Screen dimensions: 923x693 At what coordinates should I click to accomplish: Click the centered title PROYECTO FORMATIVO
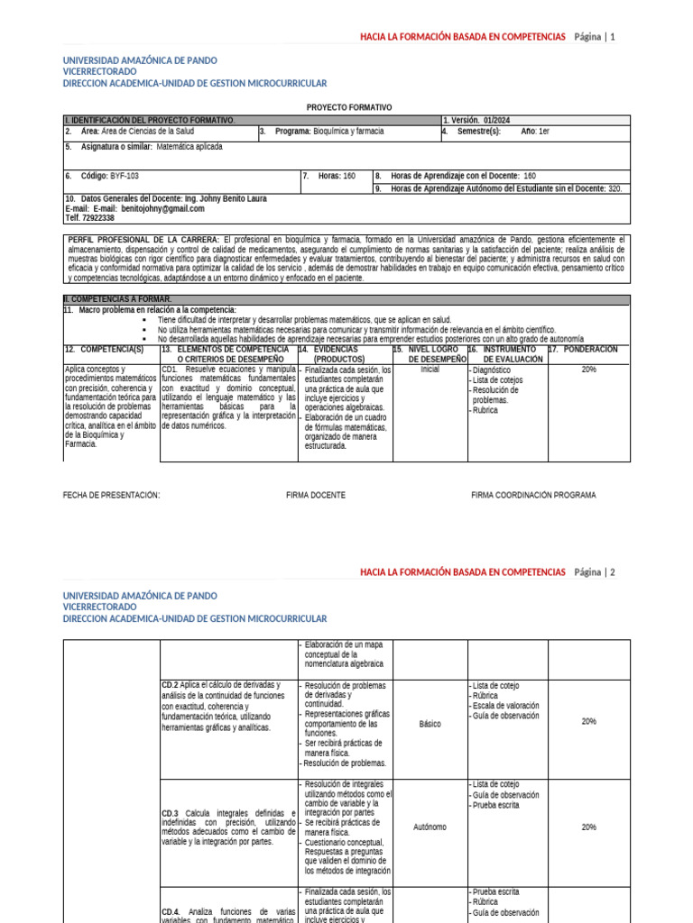(x=349, y=107)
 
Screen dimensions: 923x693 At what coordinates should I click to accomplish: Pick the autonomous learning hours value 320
(x=614, y=188)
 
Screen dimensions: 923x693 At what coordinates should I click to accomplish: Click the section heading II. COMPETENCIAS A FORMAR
(x=117, y=298)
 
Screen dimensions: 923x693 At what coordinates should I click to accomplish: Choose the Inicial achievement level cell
(x=430, y=370)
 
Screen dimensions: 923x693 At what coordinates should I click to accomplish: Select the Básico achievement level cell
(x=430, y=723)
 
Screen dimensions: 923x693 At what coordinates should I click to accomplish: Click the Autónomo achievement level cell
(x=430, y=827)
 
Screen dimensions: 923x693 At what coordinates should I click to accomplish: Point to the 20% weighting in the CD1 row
(x=588, y=370)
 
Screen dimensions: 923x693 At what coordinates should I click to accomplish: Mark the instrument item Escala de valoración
(x=505, y=705)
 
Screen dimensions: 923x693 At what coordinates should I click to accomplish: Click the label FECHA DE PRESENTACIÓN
(x=111, y=495)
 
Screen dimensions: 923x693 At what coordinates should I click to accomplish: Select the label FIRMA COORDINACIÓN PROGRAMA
(x=533, y=495)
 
